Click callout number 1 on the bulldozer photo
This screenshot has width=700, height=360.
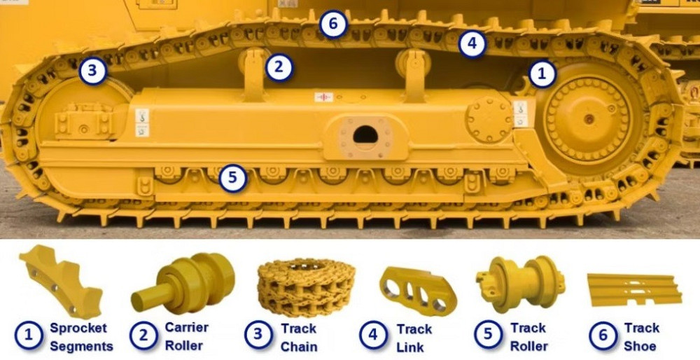click(542, 74)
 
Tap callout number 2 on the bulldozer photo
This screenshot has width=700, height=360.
click(279, 68)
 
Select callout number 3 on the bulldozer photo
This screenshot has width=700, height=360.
click(93, 71)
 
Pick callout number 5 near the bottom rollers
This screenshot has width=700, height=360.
click(233, 178)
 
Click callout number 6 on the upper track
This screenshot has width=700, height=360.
click(333, 24)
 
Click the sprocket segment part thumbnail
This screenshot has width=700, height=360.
click(61, 281)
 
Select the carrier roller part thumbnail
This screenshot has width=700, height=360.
click(183, 283)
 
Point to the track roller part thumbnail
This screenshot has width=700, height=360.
click(520, 284)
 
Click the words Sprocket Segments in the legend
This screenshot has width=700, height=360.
click(81, 337)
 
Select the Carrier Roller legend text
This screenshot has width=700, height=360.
click(187, 336)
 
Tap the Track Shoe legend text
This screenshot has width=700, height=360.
click(641, 337)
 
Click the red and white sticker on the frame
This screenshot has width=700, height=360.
click(323, 97)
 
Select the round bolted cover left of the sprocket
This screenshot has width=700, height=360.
click(489, 119)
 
